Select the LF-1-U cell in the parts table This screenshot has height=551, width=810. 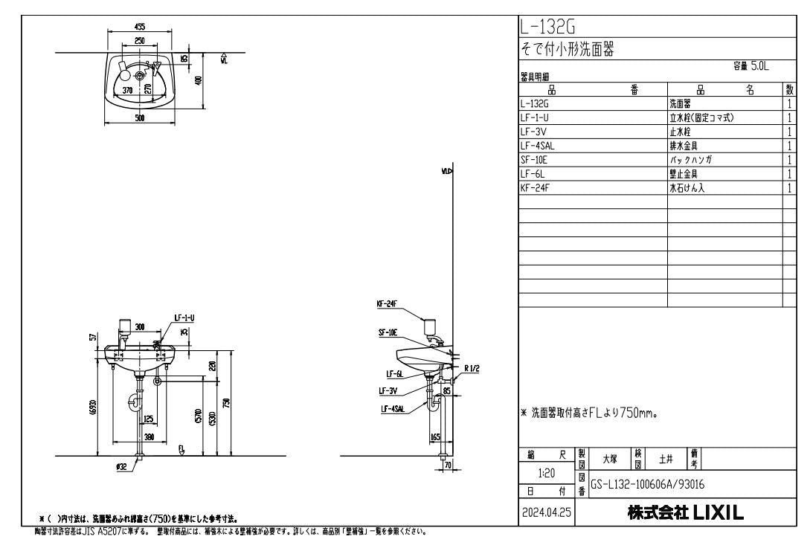(x=536, y=117)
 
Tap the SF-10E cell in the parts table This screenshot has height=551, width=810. (x=536, y=159)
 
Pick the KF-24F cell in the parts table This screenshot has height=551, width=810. (x=536, y=187)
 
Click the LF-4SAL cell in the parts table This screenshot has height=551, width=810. (x=539, y=146)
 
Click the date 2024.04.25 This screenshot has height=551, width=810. (x=547, y=513)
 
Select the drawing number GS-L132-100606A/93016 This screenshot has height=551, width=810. (x=647, y=483)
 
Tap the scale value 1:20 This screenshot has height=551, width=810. (x=547, y=471)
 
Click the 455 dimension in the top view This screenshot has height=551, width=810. (x=139, y=26)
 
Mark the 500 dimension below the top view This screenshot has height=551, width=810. (x=139, y=117)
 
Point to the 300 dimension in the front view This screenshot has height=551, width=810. (x=140, y=326)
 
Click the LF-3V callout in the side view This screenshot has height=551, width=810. (x=388, y=390)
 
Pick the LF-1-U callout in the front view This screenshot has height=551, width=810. (x=184, y=318)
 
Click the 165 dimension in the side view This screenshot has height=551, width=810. (x=437, y=438)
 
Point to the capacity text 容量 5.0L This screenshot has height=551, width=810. (x=750, y=66)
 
